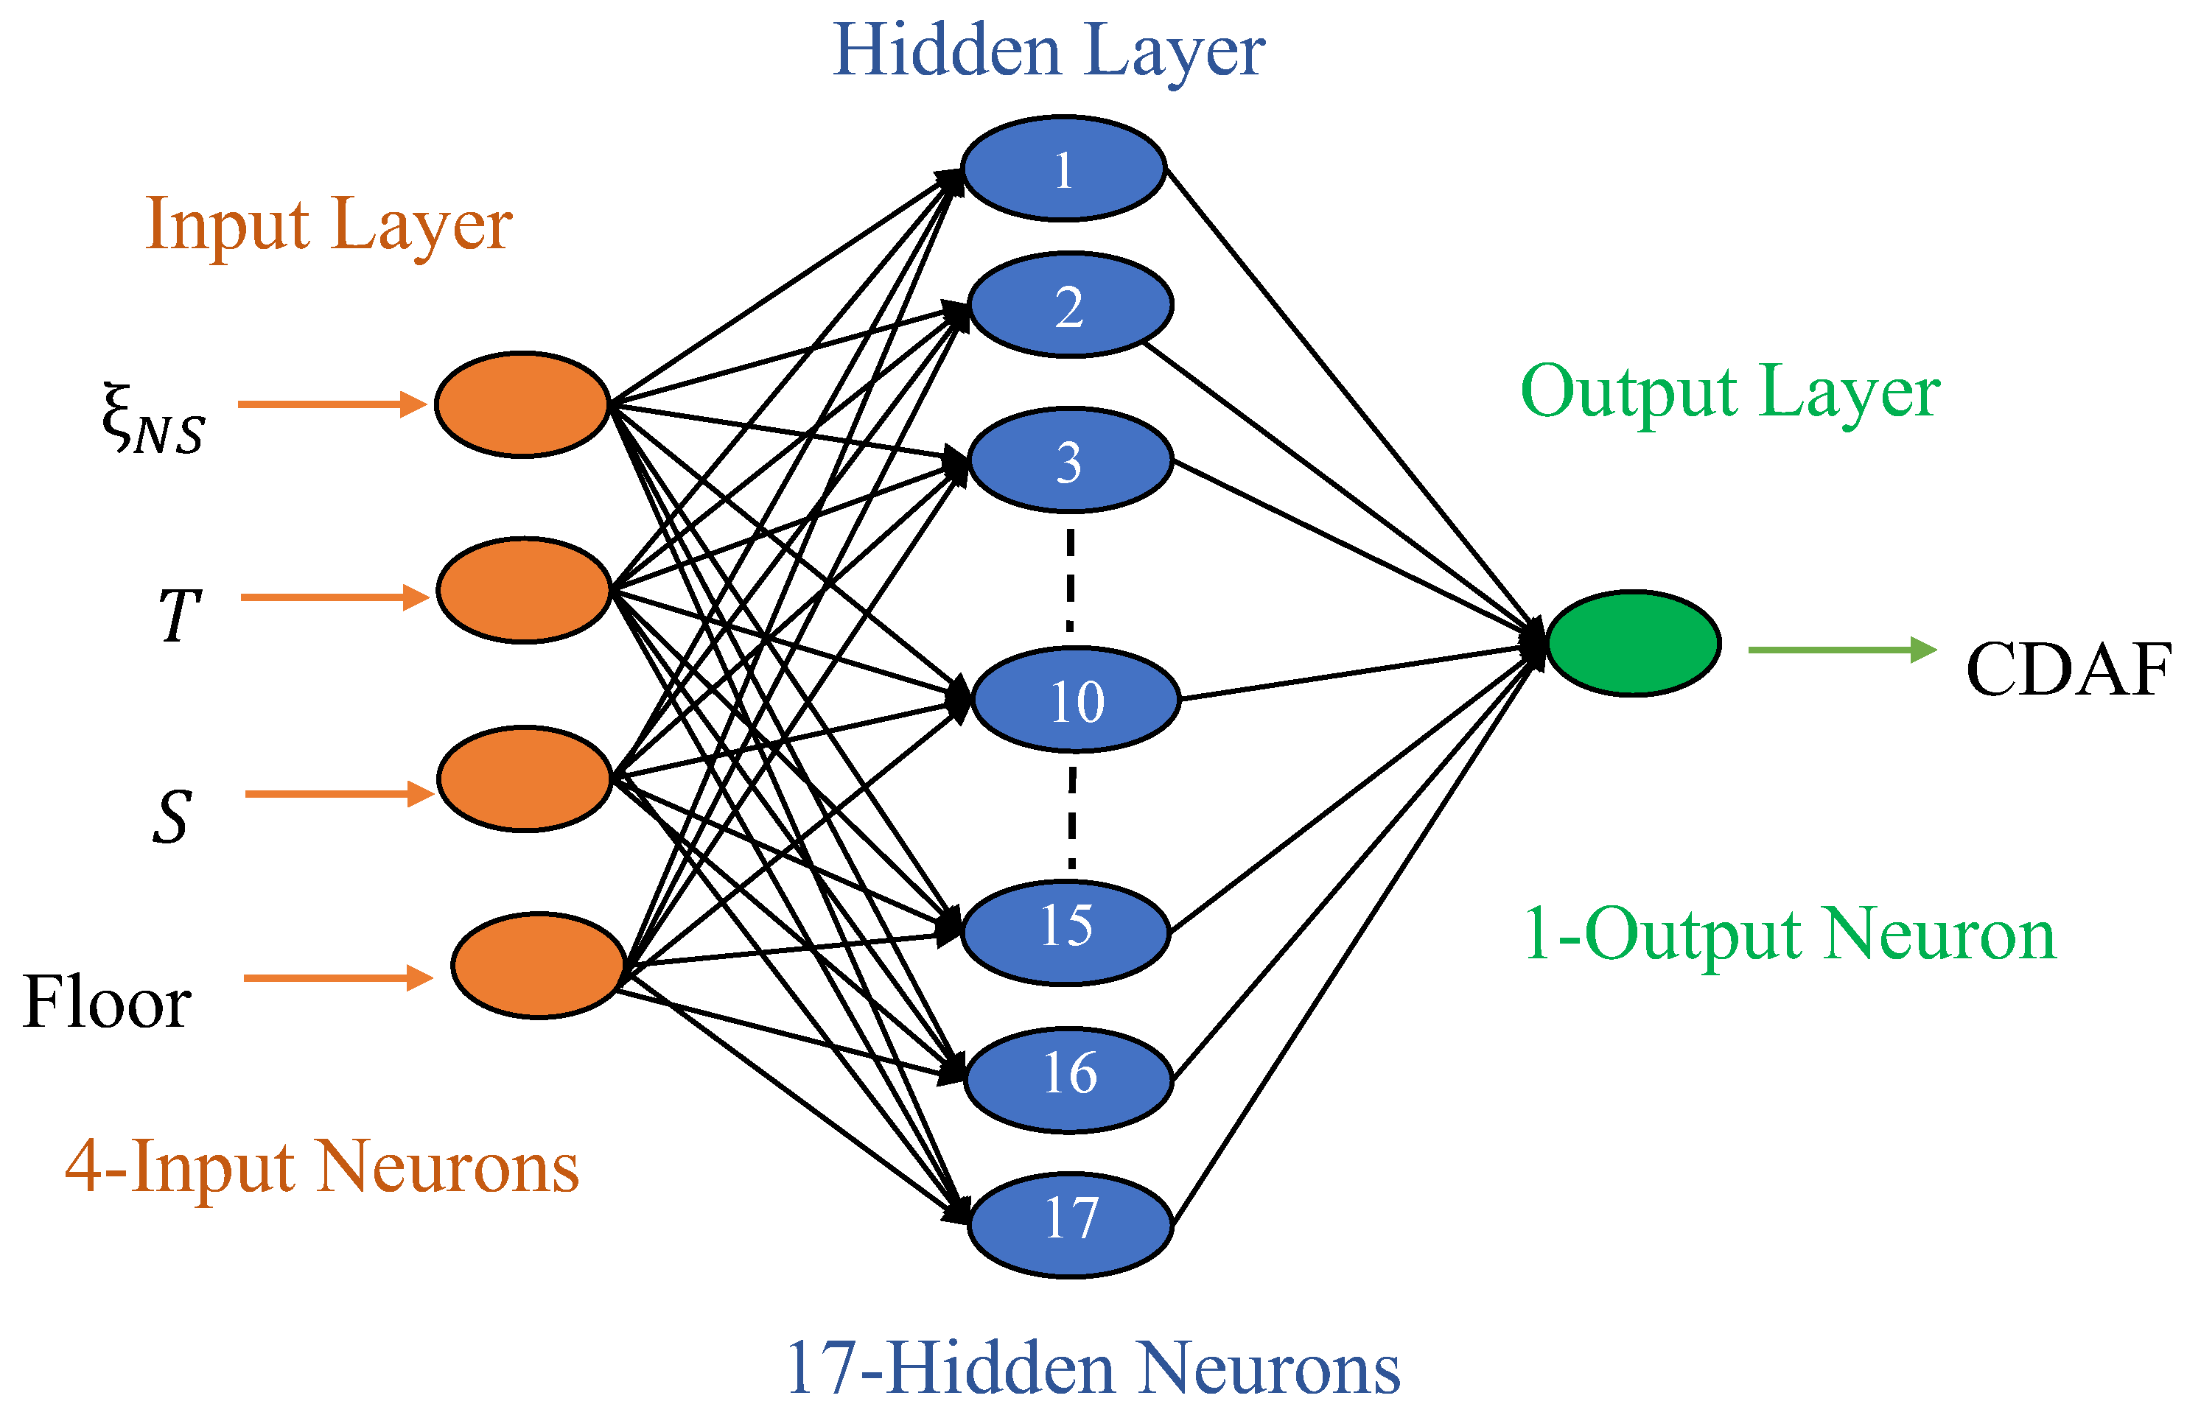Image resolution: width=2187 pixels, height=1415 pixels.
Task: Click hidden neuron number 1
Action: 1063,169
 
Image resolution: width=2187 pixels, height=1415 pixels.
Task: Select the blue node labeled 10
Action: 1075,701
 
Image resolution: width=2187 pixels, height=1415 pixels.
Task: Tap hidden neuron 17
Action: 1071,1225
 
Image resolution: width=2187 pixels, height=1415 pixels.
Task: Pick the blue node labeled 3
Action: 1070,460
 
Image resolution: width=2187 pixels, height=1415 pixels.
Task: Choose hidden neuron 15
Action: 1066,933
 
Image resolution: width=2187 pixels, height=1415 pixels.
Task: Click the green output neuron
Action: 1633,643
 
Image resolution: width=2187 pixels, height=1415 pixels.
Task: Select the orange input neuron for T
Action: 524,590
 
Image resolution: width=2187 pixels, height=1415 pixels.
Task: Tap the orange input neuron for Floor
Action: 539,966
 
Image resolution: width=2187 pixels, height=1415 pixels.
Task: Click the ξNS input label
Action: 153,420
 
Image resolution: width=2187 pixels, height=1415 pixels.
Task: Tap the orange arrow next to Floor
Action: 337,977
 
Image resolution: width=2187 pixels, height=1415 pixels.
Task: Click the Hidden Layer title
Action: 1049,51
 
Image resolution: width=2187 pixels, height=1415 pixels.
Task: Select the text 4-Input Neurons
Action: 321,1167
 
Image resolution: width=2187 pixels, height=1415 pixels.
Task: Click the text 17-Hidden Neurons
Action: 1093,1369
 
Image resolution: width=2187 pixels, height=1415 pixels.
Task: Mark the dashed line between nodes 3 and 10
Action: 1070,579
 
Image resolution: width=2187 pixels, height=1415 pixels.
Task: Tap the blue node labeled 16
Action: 1068,1080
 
